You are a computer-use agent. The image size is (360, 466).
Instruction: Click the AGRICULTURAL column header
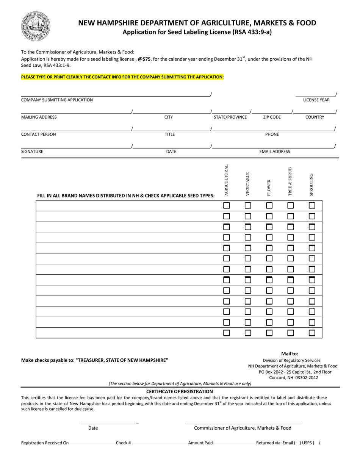pyautogui.click(x=227, y=180)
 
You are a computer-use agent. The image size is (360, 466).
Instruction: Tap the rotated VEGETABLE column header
pyautogui.click(x=248, y=184)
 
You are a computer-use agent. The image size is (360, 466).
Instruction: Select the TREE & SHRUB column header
pyautogui.click(x=290, y=181)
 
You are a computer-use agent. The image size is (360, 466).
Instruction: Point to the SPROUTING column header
pyautogui.click(x=311, y=185)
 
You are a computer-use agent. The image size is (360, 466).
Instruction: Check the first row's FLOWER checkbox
pyautogui.click(x=269, y=206)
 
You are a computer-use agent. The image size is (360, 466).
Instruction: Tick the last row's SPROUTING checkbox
pyautogui.click(x=312, y=333)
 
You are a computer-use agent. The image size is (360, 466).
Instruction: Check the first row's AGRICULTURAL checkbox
pyautogui.click(x=227, y=206)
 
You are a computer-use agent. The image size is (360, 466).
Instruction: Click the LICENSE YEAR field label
pyautogui.click(x=316, y=100)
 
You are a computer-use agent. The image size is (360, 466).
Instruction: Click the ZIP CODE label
pyautogui.click(x=272, y=117)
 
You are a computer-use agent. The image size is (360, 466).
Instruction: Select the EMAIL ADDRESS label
pyautogui.click(x=274, y=152)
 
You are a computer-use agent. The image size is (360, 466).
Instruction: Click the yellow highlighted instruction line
pyautogui.click(x=122, y=77)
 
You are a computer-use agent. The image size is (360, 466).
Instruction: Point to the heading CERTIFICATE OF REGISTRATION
pyautogui.click(x=180, y=391)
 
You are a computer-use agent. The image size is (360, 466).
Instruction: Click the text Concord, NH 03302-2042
pyautogui.click(x=293, y=377)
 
